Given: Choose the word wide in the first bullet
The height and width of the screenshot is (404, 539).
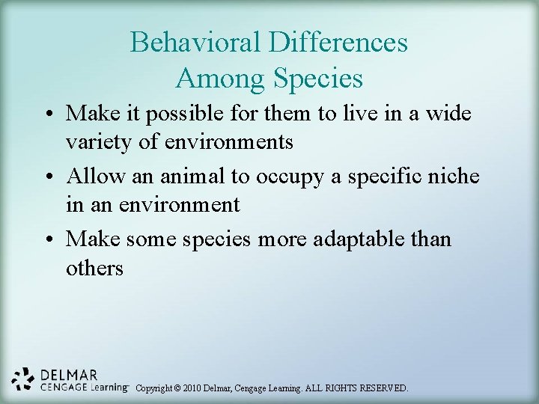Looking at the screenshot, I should [453, 114].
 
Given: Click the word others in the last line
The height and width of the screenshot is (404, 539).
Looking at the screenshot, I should [94, 267].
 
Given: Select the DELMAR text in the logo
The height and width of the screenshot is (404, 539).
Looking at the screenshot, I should [69, 375].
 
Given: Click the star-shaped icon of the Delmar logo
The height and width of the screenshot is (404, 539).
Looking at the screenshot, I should [24, 379].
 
